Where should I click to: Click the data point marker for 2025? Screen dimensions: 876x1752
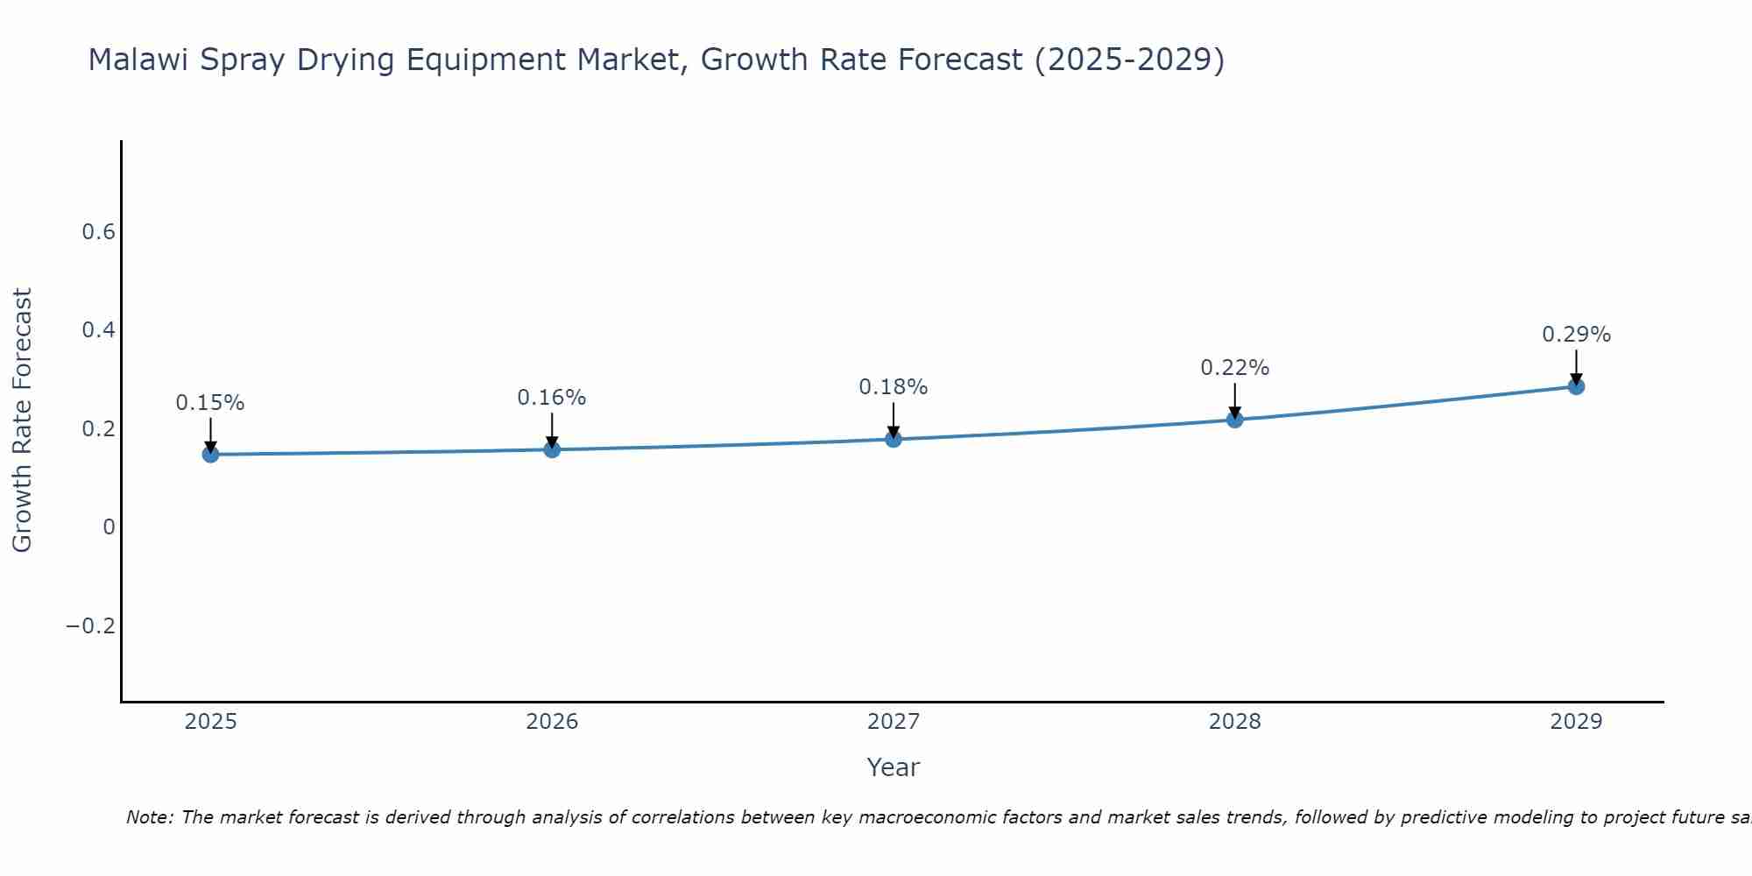(x=210, y=454)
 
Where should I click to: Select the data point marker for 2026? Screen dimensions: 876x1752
(x=552, y=449)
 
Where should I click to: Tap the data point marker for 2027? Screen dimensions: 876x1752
(x=894, y=439)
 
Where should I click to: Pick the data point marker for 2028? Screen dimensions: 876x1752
(x=1234, y=420)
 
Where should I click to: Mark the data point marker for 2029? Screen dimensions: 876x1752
(x=1576, y=386)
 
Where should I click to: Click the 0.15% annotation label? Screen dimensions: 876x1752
(x=210, y=403)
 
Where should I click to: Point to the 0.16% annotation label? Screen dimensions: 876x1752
(x=552, y=398)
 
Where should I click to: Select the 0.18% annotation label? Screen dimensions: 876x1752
(x=894, y=387)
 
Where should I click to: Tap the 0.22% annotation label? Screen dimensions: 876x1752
(x=1234, y=368)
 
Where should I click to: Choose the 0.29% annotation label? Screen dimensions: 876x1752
(x=1576, y=335)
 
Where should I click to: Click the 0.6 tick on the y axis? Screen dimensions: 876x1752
(x=98, y=232)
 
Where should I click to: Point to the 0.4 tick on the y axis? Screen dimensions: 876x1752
(x=98, y=330)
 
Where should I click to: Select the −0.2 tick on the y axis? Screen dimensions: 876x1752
(x=90, y=625)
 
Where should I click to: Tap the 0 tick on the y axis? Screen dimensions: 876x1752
(x=109, y=527)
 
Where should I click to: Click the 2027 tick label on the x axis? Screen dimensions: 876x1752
(x=894, y=722)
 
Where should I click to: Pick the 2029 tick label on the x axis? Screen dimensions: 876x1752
(x=1576, y=722)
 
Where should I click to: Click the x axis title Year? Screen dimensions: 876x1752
(x=893, y=767)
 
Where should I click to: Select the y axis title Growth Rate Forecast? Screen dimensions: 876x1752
(x=22, y=420)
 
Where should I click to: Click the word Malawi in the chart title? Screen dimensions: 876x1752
(x=139, y=60)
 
